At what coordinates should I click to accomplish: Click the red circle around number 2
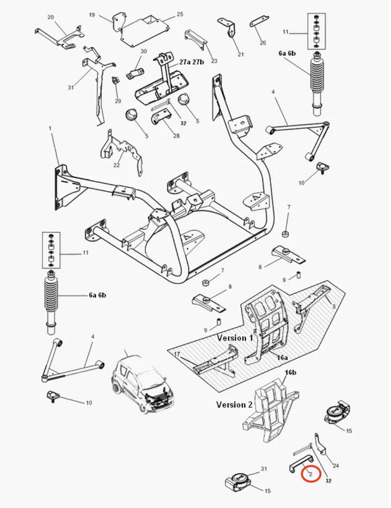[311, 473]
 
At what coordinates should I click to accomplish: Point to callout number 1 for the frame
[50, 130]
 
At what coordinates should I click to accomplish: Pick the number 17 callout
[177, 354]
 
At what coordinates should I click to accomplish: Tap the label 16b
[291, 373]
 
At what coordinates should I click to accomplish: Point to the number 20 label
[50, 17]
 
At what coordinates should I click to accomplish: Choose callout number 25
[180, 14]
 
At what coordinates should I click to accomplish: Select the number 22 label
[116, 165]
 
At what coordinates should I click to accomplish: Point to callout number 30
[143, 51]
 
